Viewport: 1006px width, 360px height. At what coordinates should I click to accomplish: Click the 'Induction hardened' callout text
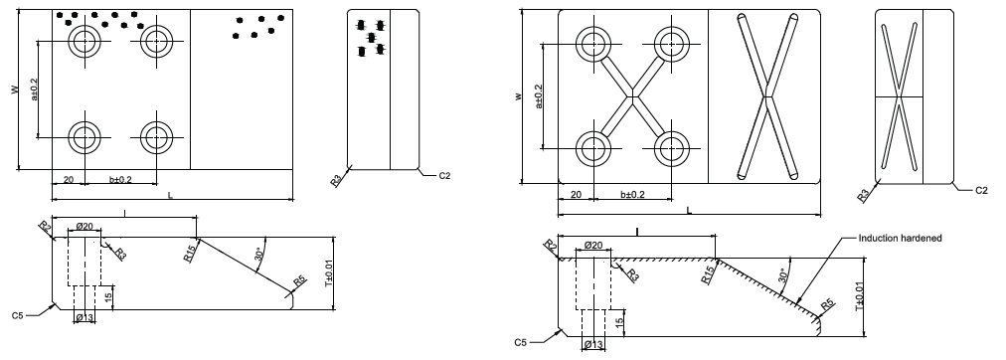click(x=901, y=238)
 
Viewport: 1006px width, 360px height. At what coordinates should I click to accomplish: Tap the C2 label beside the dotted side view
click(x=444, y=175)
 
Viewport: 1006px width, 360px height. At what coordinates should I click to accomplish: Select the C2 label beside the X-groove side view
click(x=981, y=191)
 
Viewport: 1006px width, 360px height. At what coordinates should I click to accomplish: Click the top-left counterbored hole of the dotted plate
click(x=84, y=42)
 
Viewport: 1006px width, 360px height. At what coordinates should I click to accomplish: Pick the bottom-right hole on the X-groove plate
click(x=672, y=148)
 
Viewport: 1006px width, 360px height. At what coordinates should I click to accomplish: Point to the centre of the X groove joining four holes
click(x=632, y=96)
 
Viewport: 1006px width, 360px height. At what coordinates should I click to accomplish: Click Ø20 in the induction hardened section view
click(x=593, y=246)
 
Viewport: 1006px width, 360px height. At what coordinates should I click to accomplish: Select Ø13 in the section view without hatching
click(x=84, y=317)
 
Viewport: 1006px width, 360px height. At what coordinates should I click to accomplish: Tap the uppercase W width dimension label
click(x=14, y=90)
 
